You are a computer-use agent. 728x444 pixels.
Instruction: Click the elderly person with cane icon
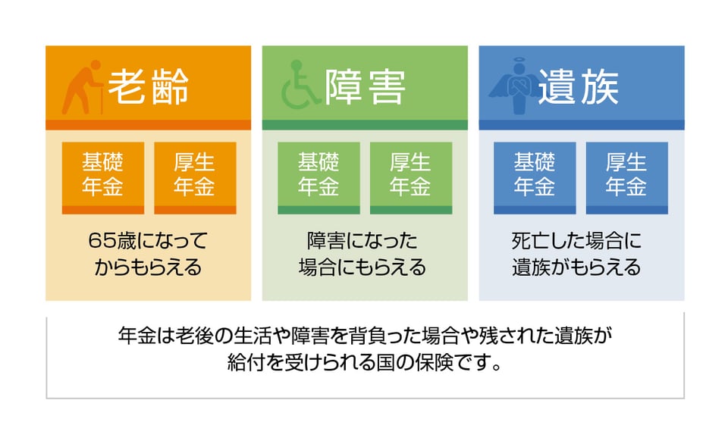point(82,87)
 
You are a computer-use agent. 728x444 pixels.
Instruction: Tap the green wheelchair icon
point(300,86)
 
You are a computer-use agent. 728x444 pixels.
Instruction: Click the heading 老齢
point(148,86)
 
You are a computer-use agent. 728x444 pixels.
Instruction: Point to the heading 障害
point(365,87)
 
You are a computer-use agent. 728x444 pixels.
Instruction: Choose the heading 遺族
point(579,87)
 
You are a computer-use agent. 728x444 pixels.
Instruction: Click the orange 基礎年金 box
point(102,178)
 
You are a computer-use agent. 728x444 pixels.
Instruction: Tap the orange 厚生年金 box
point(195,178)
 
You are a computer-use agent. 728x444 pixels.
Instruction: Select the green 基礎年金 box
point(318,178)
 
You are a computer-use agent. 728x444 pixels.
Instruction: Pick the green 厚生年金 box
point(411,178)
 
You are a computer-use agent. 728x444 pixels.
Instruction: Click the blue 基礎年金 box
point(535,178)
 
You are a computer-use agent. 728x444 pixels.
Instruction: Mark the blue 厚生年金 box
point(627,178)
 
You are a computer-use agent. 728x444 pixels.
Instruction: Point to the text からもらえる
point(148,267)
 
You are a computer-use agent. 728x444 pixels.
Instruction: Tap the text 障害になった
point(362,240)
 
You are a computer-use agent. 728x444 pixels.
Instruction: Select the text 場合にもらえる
point(362,267)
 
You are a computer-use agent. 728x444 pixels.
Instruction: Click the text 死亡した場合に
point(576,240)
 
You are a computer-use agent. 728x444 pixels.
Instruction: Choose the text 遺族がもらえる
point(576,267)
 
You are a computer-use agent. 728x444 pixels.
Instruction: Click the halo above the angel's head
point(519,61)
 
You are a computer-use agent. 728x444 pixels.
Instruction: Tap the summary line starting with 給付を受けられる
point(365,362)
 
